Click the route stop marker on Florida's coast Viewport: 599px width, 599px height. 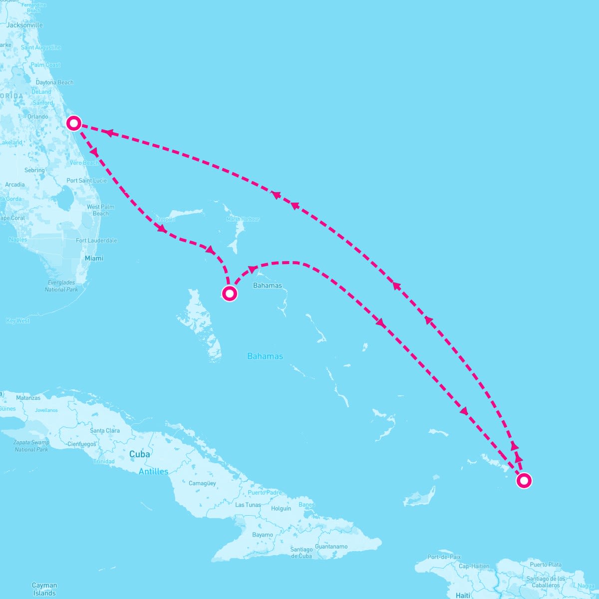(74, 123)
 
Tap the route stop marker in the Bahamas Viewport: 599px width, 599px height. (229, 294)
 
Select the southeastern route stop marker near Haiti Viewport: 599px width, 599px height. (524, 481)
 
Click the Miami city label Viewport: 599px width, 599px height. (94, 258)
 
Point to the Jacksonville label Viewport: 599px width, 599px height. (24, 25)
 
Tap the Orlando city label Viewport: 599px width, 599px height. (38, 117)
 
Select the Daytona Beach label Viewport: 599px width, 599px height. (54, 82)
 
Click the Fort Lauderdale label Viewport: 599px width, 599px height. (96, 241)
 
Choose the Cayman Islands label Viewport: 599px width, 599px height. (44, 589)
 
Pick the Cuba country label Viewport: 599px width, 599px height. (139, 454)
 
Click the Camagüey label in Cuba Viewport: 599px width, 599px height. (202, 483)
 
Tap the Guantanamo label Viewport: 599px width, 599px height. (331, 547)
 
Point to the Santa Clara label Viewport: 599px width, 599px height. (105, 430)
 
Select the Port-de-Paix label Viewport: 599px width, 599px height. (444, 557)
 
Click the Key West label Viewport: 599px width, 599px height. (18, 321)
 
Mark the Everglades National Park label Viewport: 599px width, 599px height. (61, 286)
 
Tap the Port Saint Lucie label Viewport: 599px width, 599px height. (87, 181)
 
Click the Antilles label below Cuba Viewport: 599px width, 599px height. (153, 471)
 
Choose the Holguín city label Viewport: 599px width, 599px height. (281, 509)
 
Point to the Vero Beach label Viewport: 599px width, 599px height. (84, 163)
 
